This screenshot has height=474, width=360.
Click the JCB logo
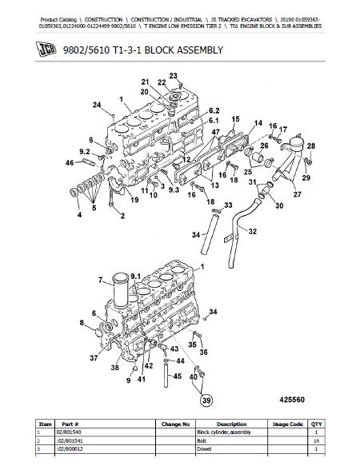coord(46,50)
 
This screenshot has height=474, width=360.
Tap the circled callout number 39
coord(206,400)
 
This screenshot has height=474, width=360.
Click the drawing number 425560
coord(292,400)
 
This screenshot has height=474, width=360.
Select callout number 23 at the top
coord(173,76)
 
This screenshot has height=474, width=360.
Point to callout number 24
coord(97,105)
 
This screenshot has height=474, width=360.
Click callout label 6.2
coord(214,110)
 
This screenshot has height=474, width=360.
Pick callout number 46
coord(70,163)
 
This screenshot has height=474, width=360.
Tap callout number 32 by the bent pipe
coord(252,231)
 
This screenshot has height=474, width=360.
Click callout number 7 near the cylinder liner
coord(101,281)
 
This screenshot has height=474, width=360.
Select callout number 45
coord(177,376)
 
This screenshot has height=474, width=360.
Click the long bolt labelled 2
coord(111,197)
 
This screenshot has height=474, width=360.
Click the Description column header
coord(231,424)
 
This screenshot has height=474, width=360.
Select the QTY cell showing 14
coord(316,440)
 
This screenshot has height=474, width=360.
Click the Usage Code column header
coord(288,424)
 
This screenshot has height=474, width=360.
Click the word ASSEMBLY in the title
coord(200,50)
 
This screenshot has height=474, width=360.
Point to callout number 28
coord(311,146)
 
